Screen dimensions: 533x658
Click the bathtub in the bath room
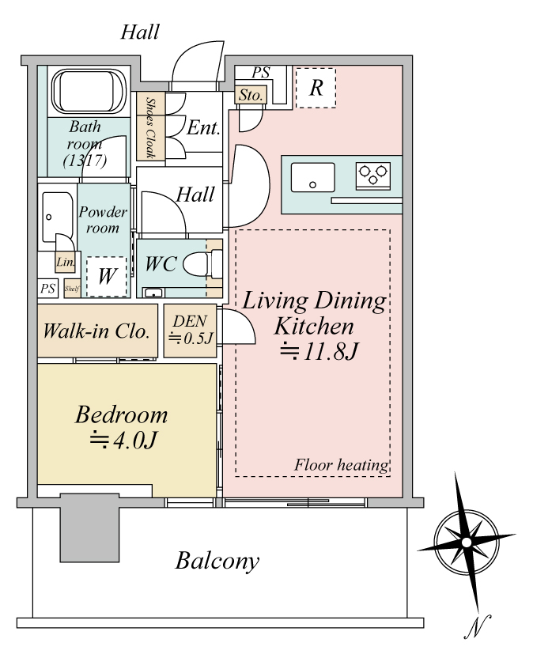(x=89, y=92)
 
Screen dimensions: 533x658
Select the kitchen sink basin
(x=312, y=177)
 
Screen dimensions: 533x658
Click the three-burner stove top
(x=372, y=175)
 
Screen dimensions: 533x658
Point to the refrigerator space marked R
(x=316, y=88)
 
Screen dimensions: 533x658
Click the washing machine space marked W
(x=107, y=277)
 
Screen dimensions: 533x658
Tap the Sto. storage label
(x=251, y=95)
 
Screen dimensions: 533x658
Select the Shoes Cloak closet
(x=151, y=127)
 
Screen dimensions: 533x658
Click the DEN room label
(x=190, y=321)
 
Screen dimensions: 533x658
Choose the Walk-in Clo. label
(x=96, y=331)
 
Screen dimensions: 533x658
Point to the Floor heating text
(x=341, y=465)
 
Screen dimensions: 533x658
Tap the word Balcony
(x=217, y=561)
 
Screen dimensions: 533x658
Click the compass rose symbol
(x=466, y=543)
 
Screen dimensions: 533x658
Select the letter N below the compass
(x=477, y=627)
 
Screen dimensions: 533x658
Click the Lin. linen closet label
(x=66, y=263)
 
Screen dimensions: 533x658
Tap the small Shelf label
(x=72, y=289)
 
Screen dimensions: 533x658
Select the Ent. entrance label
(x=203, y=127)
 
